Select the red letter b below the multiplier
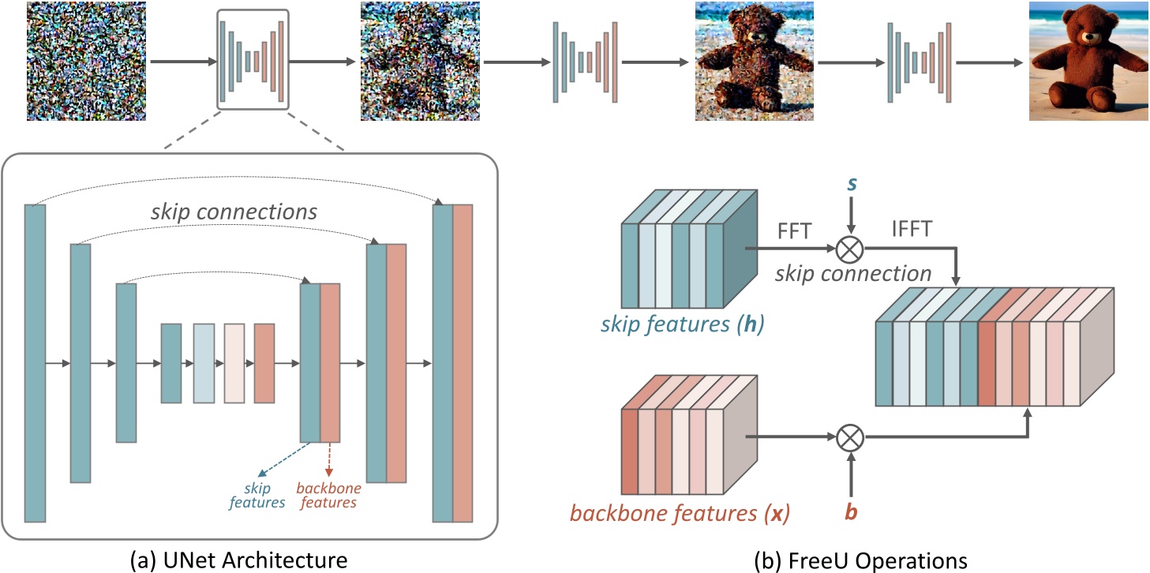click(x=850, y=511)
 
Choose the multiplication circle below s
click(x=850, y=250)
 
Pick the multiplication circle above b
click(x=850, y=435)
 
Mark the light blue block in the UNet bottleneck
click(x=204, y=363)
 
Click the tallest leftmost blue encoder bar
click(x=35, y=363)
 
